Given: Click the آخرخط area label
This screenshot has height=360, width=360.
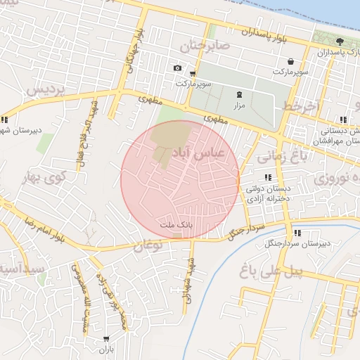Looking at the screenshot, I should [302, 105].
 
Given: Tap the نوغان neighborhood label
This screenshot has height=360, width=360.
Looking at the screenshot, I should [148, 245].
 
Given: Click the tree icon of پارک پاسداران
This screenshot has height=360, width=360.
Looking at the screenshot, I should [340, 41].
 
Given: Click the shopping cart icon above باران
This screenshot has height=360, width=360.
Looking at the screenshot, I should [106, 339].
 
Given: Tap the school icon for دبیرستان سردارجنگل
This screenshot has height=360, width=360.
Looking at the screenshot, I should [297, 233].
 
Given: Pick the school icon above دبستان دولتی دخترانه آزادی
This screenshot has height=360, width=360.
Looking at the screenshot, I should [267, 177].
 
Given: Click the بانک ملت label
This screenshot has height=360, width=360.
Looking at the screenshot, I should [172, 224].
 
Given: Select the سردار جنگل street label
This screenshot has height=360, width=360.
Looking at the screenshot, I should [247, 230].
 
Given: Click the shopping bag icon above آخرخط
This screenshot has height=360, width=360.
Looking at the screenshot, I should [290, 61].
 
